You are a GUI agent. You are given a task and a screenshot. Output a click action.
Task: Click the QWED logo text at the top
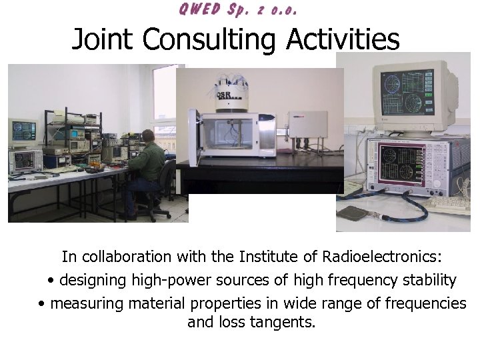click(x=237, y=9)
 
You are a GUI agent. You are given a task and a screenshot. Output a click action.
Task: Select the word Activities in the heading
click(x=343, y=39)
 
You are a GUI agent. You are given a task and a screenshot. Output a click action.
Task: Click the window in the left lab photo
click(x=163, y=100)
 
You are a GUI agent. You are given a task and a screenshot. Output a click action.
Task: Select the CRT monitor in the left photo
click(x=23, y=132)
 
